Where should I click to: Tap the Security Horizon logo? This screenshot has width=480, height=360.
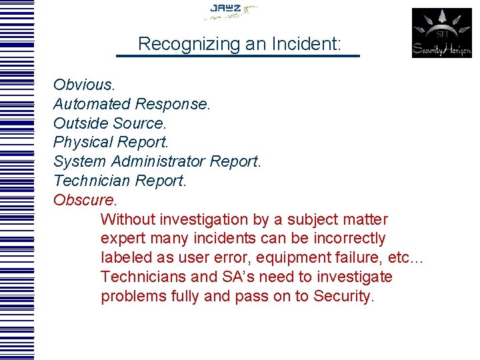(x=441, y=33)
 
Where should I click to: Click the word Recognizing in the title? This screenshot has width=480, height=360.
(x=179, y=45)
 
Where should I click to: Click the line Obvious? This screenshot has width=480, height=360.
(x=83, y=85)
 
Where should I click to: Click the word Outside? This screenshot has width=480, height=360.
(x=81, y=123)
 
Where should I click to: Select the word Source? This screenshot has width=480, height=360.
(x=140, y=123)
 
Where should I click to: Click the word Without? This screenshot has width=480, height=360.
(x=129, y=219)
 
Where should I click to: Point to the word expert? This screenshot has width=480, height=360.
(x=122, y=239)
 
